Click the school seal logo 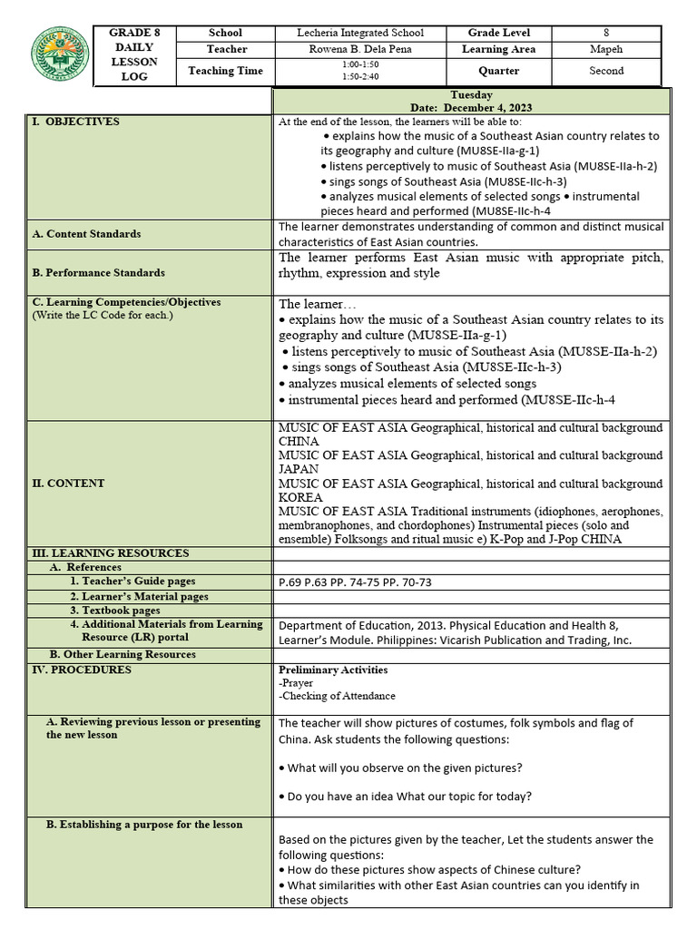point(60,54)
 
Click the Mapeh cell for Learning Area point(606,50)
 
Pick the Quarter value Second point(606,71)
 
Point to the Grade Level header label point(499,33)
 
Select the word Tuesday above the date point(471,95)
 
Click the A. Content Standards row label point(86,234)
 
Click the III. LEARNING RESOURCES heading point(111,553)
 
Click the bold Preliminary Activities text point(333,670)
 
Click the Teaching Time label point(225,71)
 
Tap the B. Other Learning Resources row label point(123,655)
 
